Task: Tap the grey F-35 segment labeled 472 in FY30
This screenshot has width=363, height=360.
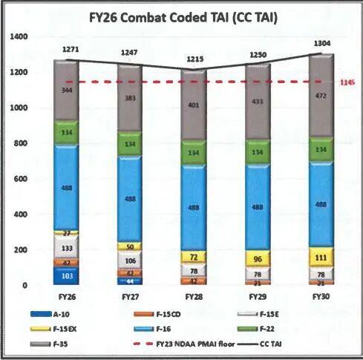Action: pos(321,96)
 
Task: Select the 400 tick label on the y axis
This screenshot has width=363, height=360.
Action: pos(20,215)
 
